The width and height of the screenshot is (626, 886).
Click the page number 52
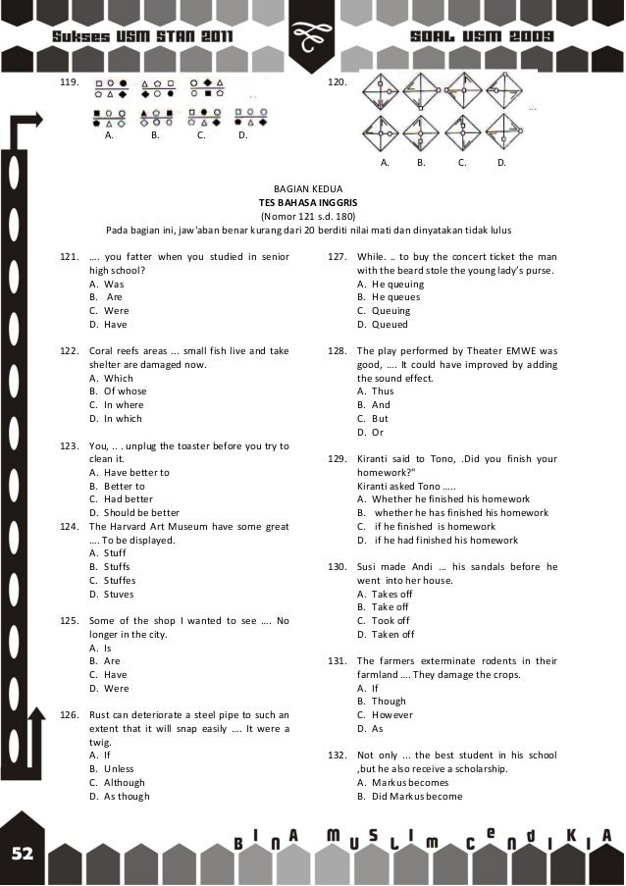23,854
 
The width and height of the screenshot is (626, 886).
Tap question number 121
69,256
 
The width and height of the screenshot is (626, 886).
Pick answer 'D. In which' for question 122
115,418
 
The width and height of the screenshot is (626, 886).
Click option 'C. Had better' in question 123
121,498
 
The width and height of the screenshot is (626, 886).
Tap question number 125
69,620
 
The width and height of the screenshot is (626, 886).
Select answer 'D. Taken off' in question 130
386,634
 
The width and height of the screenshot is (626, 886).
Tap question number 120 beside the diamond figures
337,82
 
